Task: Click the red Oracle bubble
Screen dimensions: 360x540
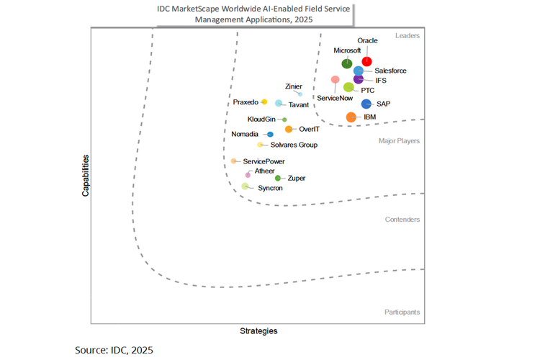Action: pos(367,62)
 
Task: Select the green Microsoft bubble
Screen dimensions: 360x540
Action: pos(347,64)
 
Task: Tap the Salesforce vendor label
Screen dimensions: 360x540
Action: pos(390,71)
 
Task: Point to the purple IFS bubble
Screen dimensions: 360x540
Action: pos(359,79)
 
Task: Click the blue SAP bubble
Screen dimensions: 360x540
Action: pos(366,104)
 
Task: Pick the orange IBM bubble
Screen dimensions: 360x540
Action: pos(351,117)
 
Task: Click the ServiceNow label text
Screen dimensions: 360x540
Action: pos(335,97)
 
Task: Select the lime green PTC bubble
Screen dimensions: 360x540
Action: pos(348,88)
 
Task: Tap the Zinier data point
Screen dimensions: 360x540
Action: pos(300,94)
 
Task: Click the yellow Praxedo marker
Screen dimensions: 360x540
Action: pos(264,102)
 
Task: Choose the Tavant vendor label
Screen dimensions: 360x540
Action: pos(298,105)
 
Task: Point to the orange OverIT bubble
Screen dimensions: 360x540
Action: pos(289,130)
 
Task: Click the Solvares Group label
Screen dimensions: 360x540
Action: pos(293,145)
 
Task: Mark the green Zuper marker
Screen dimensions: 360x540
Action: pos(278,178)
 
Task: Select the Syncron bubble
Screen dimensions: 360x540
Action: pos(246,186)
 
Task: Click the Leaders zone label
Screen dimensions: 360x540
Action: pos(408,35)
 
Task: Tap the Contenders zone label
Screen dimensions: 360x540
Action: pos(402,220)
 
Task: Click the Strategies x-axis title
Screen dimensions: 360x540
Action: pos(258,331)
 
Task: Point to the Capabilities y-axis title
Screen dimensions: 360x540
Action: pos(85,175)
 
